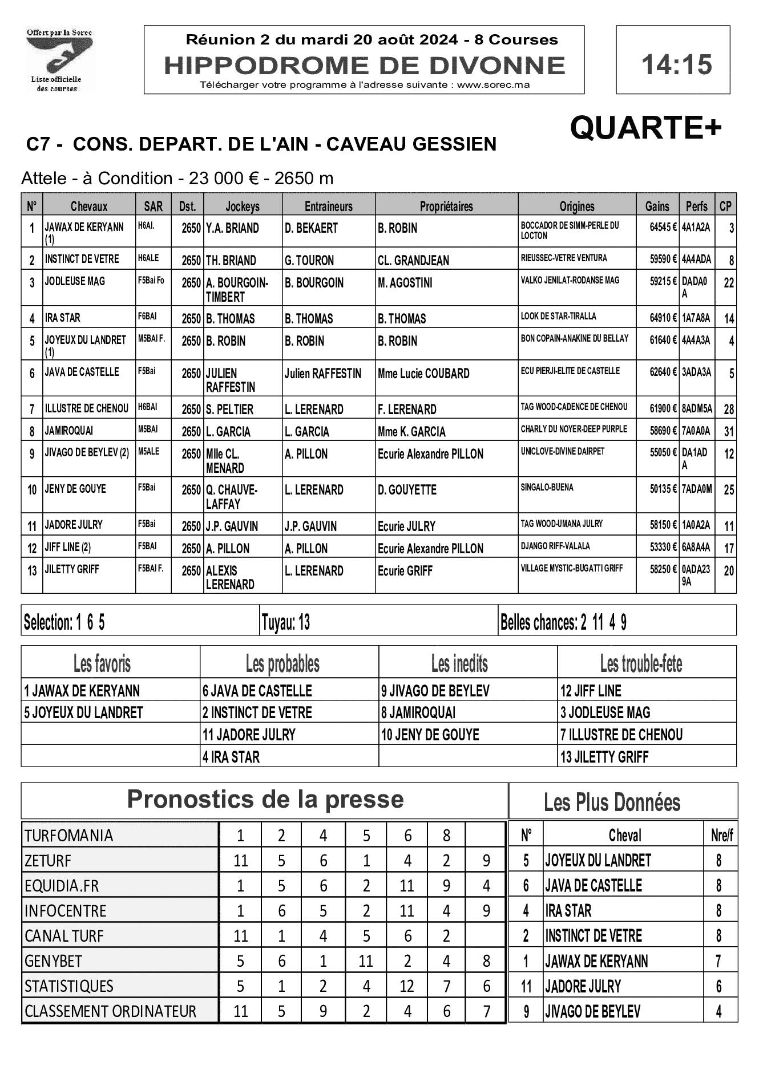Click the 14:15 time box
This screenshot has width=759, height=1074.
(x=673, y=60)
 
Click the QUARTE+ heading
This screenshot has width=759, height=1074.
(x=645, y=128)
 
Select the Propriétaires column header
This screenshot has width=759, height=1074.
(x=446, y=206)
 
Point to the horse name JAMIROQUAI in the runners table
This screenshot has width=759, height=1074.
(x=69, y=431)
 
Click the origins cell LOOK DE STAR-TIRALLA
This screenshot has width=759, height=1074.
(x=558, y=317)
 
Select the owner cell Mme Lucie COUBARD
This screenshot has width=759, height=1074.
(x=423, y=374)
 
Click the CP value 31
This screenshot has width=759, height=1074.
(x=728, y=432)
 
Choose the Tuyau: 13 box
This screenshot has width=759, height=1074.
(x=285, y=622)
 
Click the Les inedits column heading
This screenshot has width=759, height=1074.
(x=459, y=664)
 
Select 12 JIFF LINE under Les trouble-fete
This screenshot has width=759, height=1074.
(x=591, y=691)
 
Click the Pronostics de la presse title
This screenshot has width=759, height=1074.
(x=265, y=799)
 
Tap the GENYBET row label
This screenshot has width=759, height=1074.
(x=54, y=961)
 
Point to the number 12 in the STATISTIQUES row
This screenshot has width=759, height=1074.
(x=406, y=986)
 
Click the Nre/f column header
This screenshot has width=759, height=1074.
(x=721, y=836)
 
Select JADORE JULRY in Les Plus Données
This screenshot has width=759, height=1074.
(x=583, y=986)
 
